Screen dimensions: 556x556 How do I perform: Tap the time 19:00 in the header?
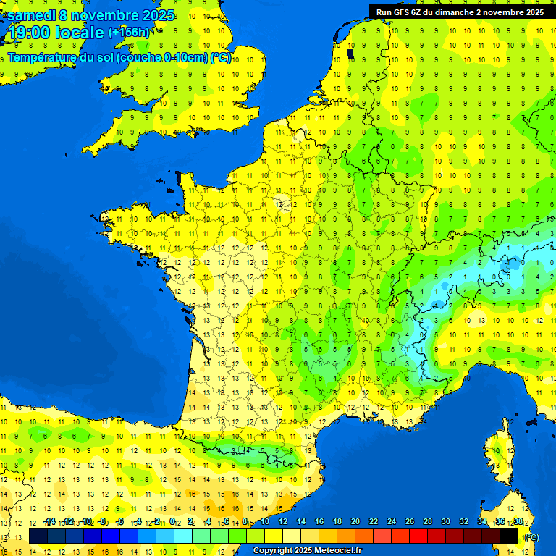30,33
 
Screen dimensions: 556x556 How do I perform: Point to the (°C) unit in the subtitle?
221,58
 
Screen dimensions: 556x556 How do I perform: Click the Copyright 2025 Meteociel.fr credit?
307,551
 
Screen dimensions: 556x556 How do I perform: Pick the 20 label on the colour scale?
355,521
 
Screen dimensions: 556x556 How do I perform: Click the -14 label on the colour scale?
49,521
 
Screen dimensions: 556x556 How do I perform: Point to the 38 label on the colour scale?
518,521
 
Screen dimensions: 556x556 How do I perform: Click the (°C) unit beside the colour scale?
531,536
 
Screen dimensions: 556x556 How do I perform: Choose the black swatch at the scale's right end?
509,536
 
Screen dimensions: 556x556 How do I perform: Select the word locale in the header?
79,33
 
